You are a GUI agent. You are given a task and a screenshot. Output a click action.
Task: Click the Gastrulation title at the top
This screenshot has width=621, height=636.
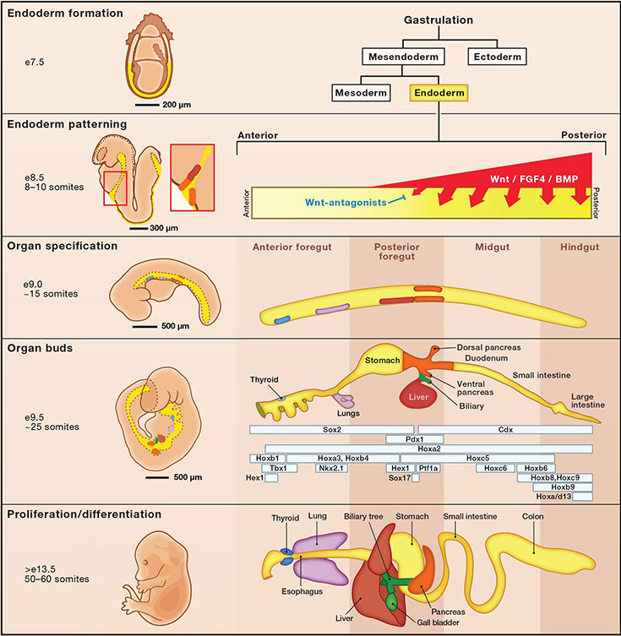click(439, 19)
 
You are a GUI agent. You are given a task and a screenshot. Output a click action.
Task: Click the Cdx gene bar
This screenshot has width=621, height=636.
click(506, 429)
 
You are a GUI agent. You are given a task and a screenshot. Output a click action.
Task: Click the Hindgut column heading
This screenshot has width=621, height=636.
click(580, 247)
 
